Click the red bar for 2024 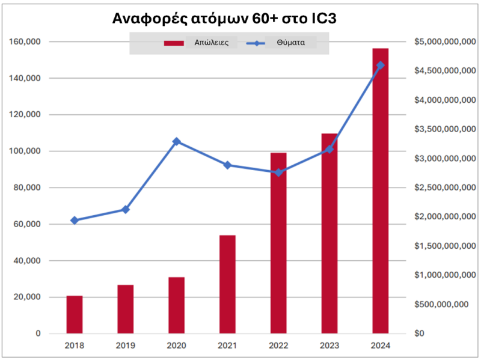tap(381, 191)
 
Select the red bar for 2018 tap(75, 314)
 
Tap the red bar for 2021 tap(228, 284)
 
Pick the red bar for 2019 tap(126, 309)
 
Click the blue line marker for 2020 tap(176, 141)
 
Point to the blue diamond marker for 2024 tap(381, 66)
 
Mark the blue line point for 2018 tap(75, 220)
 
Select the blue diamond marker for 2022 tap(278, 172)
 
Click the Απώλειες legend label tap(212, 43)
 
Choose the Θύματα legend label tap(291, 43)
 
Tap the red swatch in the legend tap(174, 43)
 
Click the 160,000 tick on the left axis tap(25, 41)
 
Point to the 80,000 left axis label tap(27, 188)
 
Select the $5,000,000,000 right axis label tap(445, 41)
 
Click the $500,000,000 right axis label tap(441, 304)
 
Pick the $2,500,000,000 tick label tap(445, 188)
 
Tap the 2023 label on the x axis tap(329, 346)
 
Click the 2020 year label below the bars tap(176, 346)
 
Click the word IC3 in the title tap(324, 19)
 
